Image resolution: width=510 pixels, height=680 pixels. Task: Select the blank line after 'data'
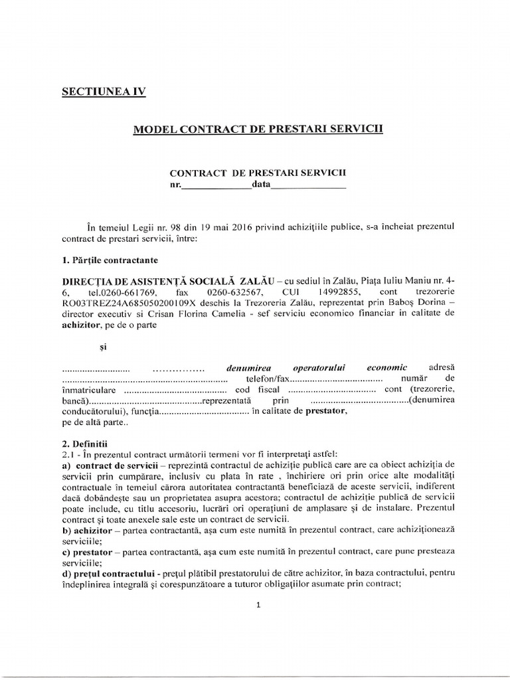pyautogui.click(x=309, y=185)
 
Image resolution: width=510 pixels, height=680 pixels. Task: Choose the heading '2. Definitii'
pyautogui.click(x=79, y=443)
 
